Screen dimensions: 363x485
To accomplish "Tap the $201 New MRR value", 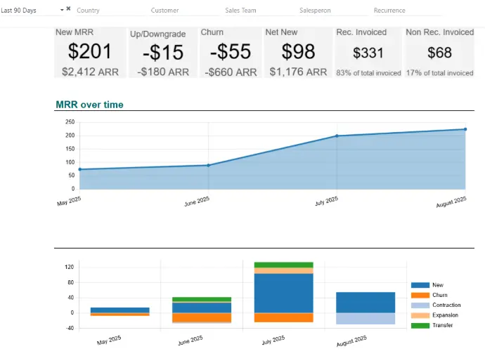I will point(89,51).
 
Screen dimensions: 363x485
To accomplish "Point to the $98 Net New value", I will point(296,51).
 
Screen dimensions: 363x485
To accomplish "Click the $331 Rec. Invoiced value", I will point(368,53).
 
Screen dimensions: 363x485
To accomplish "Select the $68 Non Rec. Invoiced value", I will point(440,53).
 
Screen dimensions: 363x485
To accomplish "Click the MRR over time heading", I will point(89,105).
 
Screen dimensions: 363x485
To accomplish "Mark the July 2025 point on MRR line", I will point(337,136).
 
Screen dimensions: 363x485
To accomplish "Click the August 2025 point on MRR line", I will point(465,129).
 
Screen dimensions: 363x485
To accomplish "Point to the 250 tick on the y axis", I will point(70,122).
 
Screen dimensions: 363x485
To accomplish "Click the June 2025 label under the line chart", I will point(197,201).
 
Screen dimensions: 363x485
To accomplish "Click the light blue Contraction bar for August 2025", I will point(366,319).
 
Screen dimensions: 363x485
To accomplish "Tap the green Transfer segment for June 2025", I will point(202,300).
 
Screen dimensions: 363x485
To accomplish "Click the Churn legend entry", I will point(439,295).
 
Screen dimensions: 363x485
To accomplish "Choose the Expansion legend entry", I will point(445,315).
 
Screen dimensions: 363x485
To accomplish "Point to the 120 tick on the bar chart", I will point(69,267).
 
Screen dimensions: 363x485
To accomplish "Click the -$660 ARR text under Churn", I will point(231,72).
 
